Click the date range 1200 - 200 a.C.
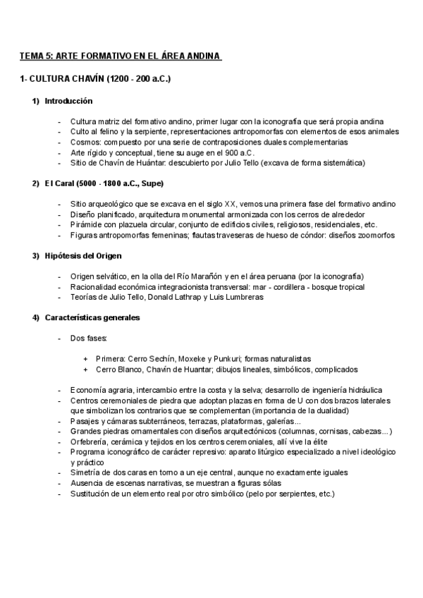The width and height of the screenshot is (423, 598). coord(140,79)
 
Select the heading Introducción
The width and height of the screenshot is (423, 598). coord(68,102)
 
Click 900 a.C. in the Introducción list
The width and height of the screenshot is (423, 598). coord(239,152)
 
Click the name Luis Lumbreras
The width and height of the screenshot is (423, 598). coord(234,297)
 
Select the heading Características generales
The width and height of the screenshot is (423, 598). coord(92,317)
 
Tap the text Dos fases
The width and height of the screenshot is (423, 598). coord(87,338)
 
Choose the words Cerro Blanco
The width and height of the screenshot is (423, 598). coord(119,369)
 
